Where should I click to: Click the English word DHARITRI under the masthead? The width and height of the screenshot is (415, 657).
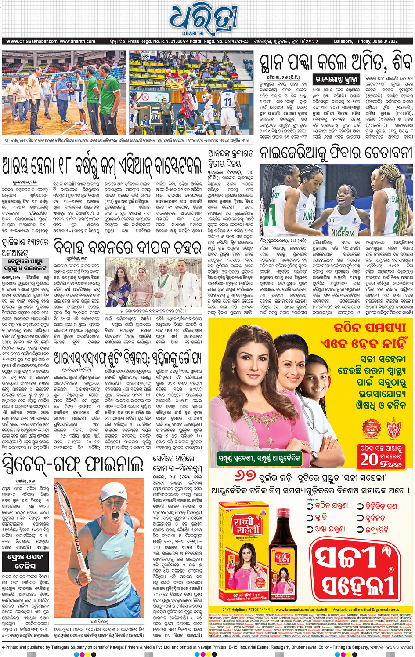[x=193, y=33]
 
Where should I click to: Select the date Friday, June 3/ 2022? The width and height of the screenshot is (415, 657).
[x=378, y=41]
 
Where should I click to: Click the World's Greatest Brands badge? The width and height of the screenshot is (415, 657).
[x=393, y=427]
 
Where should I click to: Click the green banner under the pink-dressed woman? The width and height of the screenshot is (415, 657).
[x=259, y=459]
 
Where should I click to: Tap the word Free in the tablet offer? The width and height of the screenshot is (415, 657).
[x=390, y=464]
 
